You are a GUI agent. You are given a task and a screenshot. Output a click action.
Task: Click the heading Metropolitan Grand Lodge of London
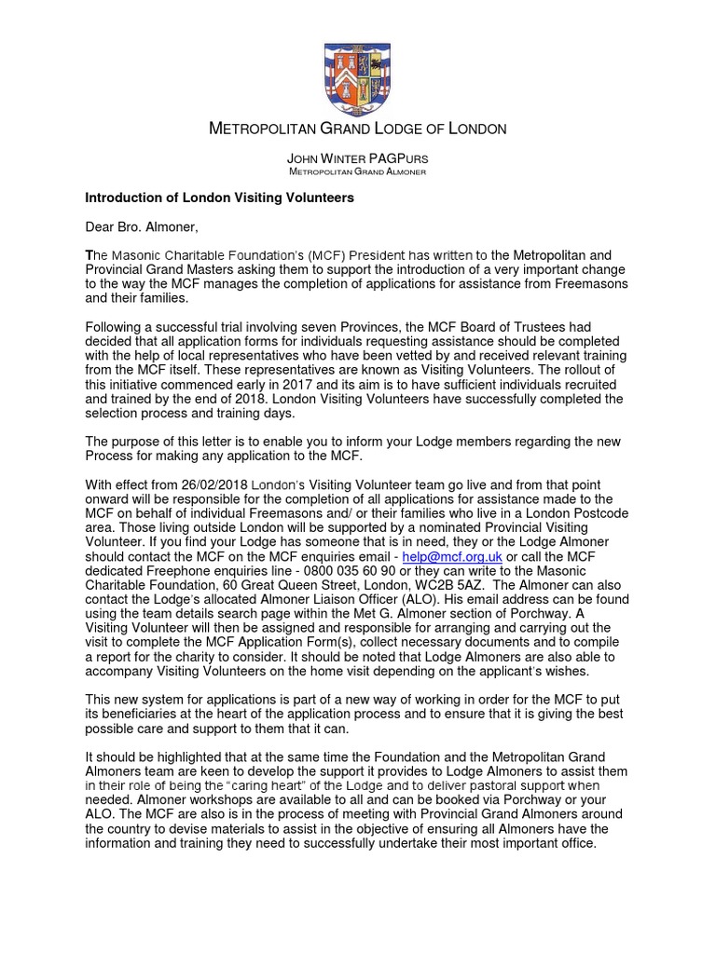click(358, 129)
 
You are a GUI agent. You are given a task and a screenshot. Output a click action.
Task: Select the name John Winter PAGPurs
click(358, 160)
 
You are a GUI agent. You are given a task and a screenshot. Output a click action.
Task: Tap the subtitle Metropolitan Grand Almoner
click(358, 173)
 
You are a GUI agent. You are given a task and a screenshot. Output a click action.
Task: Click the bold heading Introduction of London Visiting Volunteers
click(220, 198)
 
